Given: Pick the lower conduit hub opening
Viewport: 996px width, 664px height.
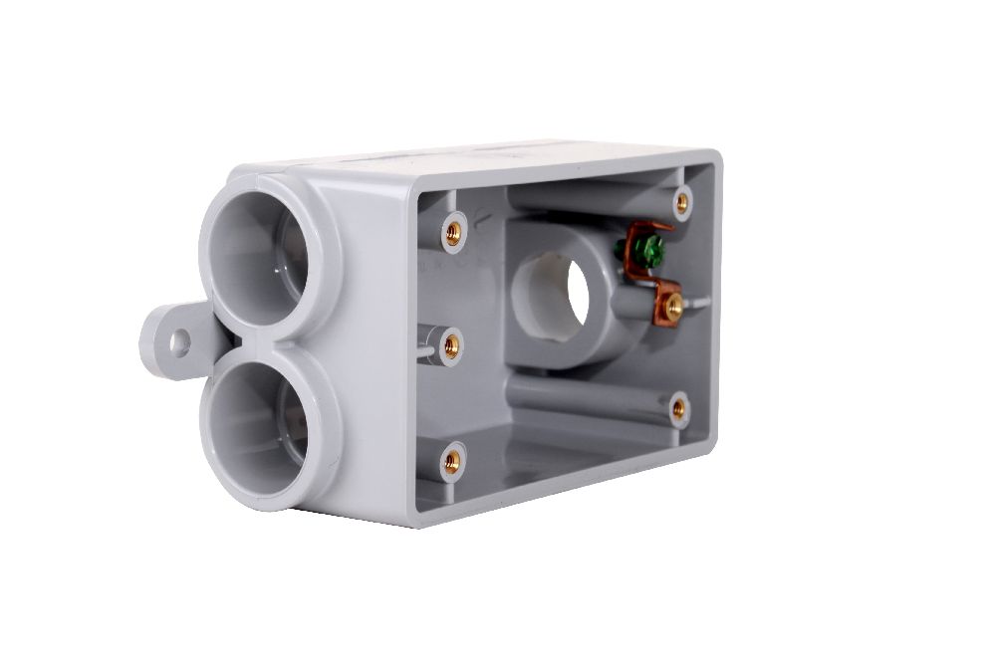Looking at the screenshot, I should pos(261,431).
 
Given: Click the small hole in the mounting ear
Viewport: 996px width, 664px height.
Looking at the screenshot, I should pos(179,342).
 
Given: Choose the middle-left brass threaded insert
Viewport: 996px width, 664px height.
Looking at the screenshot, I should pos(451,346).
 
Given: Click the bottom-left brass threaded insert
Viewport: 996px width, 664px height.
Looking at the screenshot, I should pos(451,460).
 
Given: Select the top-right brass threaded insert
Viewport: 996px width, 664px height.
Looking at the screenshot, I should pos(682,203).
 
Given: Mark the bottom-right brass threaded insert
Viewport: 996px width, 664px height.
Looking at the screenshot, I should pos(679,407).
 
